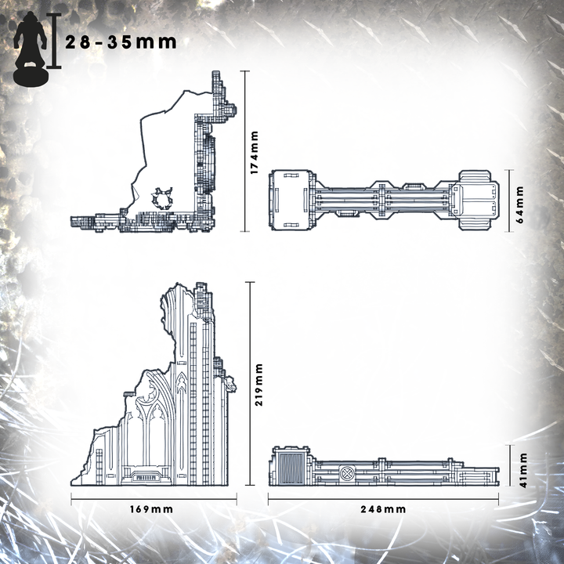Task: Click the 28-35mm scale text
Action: [x=121, y=42]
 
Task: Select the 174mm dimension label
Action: [x=255, y=153]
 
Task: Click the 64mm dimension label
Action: [x=519, y=204]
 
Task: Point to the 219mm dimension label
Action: [x=258, y=385]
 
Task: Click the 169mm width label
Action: [x=151, y=509]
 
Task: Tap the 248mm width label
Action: [x=383, y=509]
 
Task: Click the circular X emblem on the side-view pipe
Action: [x=347, y=472]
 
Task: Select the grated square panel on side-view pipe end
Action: [x=292, y=468]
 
